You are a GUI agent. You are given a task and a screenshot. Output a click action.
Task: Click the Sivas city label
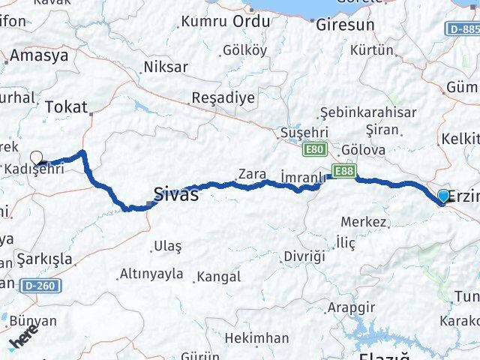176,195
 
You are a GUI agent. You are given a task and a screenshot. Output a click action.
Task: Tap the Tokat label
66,107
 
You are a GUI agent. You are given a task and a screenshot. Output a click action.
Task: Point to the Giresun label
345,25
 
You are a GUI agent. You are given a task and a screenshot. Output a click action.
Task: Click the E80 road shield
313,151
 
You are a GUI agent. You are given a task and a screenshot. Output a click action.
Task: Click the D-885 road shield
462,28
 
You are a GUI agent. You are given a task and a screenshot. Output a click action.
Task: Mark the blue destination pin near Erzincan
443,196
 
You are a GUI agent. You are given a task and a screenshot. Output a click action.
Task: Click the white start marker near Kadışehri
37,158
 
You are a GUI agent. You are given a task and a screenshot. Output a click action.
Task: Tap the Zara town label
252,174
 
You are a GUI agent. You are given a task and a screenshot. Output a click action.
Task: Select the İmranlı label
302,177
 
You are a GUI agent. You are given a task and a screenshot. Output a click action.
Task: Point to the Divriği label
304,256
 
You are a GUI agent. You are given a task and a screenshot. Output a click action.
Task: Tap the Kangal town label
218,277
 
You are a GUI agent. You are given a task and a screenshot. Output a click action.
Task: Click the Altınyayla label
151,274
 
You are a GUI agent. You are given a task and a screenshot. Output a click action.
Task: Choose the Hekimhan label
256,337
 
